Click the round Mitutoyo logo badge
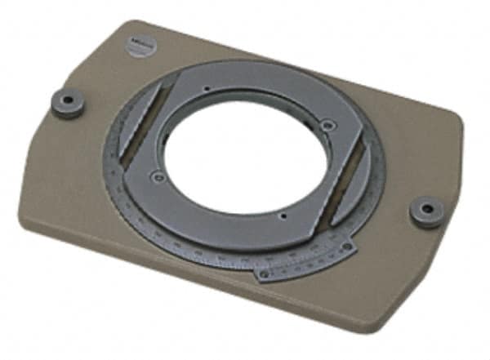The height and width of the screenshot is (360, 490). pos(140,46)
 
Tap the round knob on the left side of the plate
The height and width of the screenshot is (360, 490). pos(67,103)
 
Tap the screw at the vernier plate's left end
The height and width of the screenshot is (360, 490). pos(263,274)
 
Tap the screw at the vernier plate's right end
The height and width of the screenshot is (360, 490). pos(349,248)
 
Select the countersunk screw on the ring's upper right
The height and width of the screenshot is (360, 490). pos(327,126)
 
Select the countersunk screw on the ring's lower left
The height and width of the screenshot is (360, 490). pos(159,177)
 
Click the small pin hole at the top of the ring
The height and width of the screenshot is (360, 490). pos(208,88)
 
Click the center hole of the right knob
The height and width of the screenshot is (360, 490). pos(426,207)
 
